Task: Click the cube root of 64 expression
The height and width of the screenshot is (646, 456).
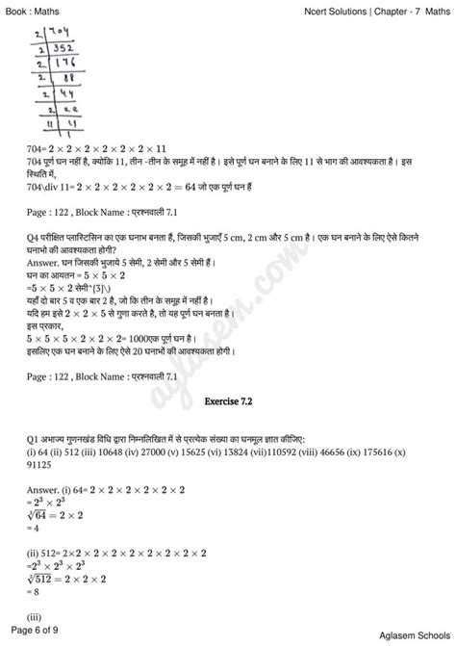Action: pyautogui.click(x=42, y=513)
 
